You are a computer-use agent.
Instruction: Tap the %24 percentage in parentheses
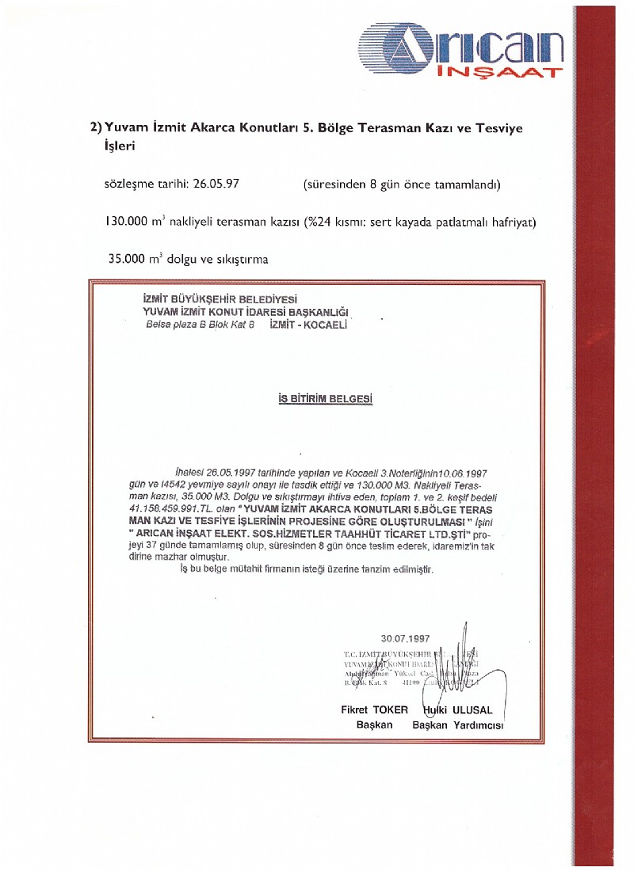321,222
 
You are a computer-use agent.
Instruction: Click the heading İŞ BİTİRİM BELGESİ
325,400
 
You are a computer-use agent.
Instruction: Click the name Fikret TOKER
375,710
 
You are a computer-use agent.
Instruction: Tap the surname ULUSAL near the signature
473,710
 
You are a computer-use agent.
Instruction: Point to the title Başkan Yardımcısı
458,725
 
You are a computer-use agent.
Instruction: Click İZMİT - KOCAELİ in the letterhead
309,324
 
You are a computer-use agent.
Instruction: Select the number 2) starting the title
97,127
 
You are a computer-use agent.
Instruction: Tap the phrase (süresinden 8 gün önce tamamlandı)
402,184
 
